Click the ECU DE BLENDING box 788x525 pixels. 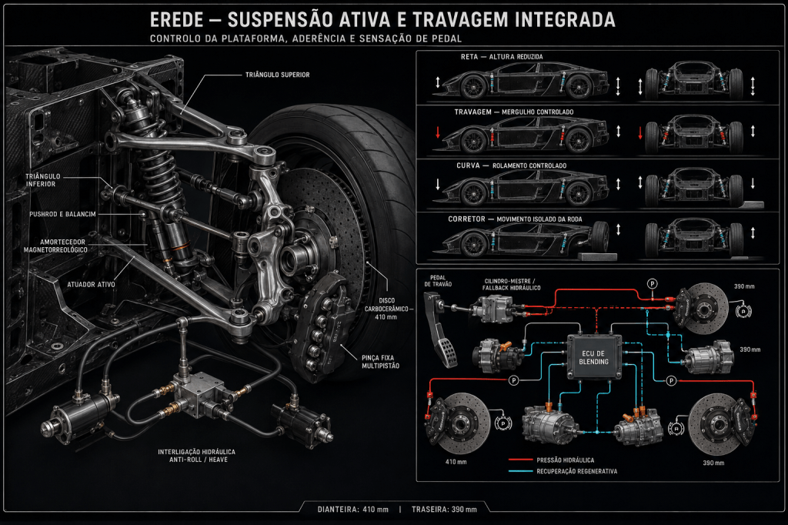593,357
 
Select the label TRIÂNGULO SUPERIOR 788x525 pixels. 277,75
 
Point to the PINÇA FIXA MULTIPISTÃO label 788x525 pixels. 380,362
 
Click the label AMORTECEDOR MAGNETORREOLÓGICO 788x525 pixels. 55,246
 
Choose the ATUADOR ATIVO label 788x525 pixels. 91,285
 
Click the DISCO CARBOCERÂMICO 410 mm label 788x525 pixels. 386,308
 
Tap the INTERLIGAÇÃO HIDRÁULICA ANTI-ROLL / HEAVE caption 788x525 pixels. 196,456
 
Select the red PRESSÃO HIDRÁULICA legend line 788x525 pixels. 520,460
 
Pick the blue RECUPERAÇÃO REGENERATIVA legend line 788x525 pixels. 520,471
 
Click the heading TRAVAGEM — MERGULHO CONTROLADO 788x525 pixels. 513,112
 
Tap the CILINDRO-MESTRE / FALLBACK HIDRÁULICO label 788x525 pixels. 511,285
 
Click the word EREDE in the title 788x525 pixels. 177,20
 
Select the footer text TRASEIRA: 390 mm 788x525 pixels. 444,510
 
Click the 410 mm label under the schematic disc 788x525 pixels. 456,462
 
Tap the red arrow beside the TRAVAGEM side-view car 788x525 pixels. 438,132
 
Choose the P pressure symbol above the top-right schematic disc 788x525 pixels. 652,283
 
